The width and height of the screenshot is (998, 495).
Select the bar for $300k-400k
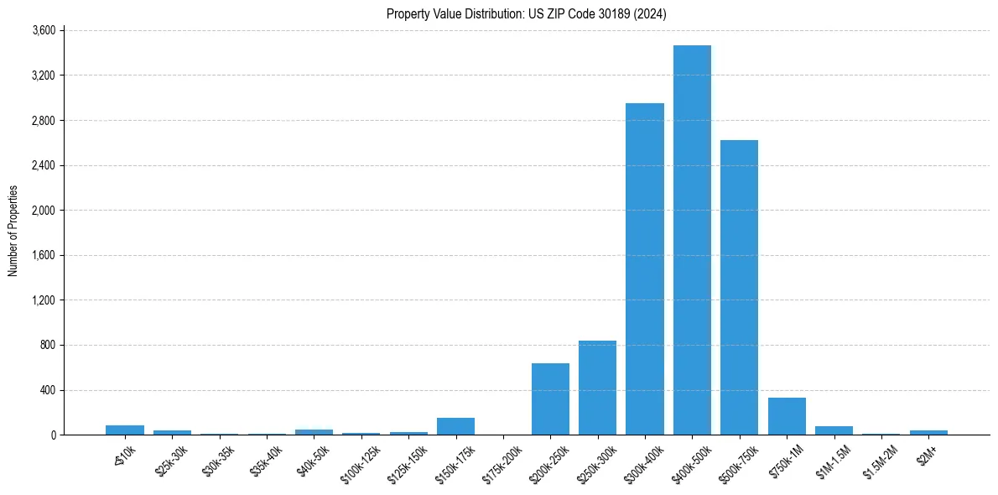645,268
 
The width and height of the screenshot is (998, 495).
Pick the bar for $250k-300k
597,388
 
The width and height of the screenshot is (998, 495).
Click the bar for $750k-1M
787,416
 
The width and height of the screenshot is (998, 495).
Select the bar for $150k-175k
455,426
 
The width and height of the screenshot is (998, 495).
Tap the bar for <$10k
125,430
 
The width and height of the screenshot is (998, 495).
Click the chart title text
527,13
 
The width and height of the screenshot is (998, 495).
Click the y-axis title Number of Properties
13,232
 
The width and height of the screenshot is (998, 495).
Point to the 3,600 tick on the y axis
43,30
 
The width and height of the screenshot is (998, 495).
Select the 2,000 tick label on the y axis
43,211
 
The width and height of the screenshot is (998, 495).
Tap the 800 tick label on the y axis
48,345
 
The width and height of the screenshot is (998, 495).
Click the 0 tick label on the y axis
53,435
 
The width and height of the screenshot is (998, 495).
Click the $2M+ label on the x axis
927,456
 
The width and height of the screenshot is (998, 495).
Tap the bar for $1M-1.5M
834,430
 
